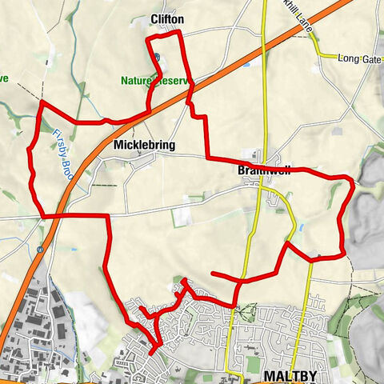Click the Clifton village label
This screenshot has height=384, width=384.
(x=167, y=18)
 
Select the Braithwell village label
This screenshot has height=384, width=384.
(x=263, y=171)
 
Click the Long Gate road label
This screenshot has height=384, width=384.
(x=359, y=58)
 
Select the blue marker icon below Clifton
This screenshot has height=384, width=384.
(x=158, y=57)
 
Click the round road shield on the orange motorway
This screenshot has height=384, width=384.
(x=40, y=250)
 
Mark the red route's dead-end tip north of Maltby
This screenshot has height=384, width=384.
(x=212, y=274)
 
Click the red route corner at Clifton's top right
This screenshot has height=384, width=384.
(x=180, y=32)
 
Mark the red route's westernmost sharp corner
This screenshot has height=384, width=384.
(x=42, y=102)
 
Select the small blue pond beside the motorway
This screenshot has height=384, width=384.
(x=245, y=64)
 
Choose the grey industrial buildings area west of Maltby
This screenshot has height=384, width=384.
(x=48, y=320)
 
